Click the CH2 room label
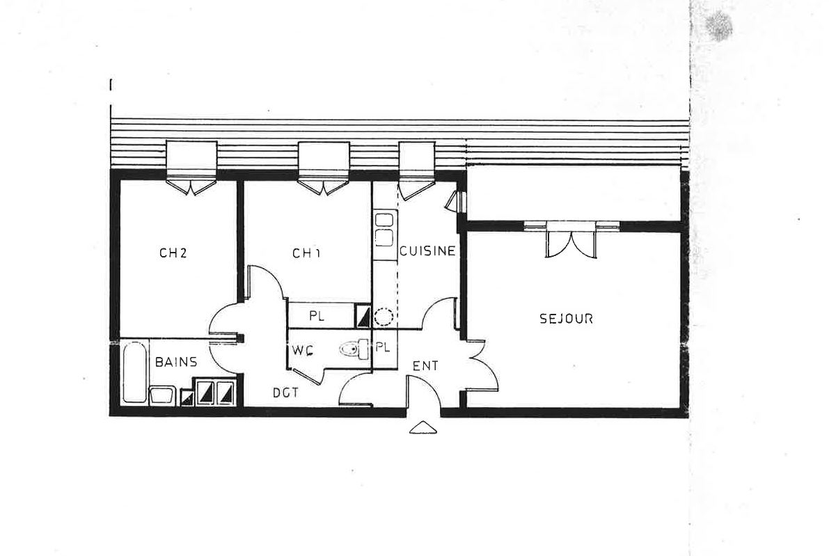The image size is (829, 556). click(x=173, y=253)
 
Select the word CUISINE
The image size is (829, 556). click(x=427, y=251)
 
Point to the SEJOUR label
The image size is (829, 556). click(x=566, y=319)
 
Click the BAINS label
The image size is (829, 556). click(x=175, y=362)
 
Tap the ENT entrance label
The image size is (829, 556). click(x=425, y=366)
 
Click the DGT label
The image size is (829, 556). click(x=285, y=393)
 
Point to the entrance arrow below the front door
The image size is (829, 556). click(x=424, y=428)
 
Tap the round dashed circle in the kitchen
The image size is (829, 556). click(x=384, y=318)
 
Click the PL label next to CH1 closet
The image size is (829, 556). click(x=317, y=316)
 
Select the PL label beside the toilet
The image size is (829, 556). click(x=382, y=346)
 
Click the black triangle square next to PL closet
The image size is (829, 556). click(x=363, y=317)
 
